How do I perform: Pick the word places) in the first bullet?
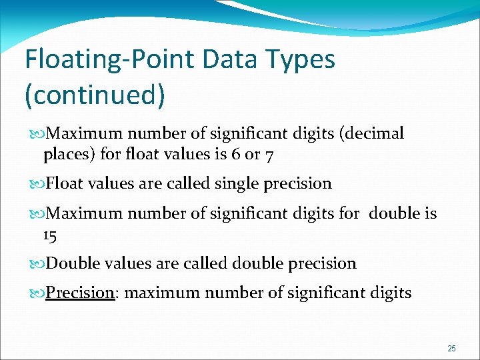(x=69, y=155)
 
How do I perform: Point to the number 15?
(x=51, y=235)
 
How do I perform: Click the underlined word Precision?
(x=80, y=293)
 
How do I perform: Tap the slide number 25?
(x=451, y=349)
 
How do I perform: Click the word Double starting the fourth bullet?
(x=71, y=263)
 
